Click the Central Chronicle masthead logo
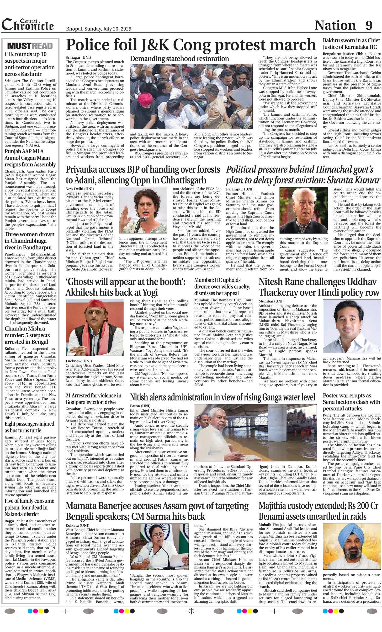(x=28, y=25)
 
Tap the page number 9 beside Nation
(x=369, y=25)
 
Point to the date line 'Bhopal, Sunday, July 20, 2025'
(x=99, y=29)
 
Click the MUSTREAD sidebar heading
(x=30, y=46)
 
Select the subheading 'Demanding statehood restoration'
(x=179, y=59)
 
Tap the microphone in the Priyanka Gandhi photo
(x=144, y=219)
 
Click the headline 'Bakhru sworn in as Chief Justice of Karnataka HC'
(x=351, y=44)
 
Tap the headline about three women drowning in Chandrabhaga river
(x=29, y=241)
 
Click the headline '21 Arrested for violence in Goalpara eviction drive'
(x=94, y=399)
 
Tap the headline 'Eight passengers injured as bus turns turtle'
(x=29, y=427)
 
